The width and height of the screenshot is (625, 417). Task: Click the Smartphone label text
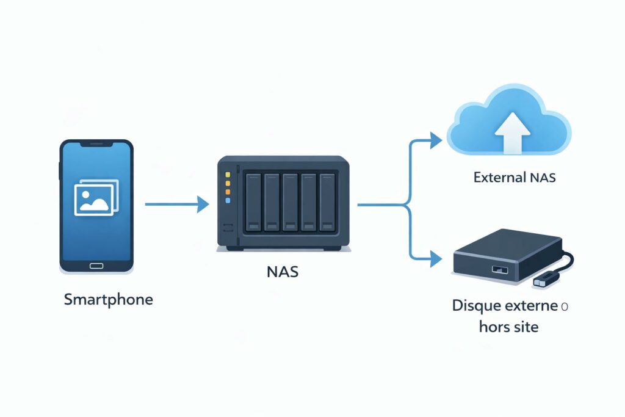[x=108, y=300]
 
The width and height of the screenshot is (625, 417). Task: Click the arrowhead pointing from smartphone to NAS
[x=203, y=205]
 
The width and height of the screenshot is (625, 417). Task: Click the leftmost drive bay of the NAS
[x=253, y=202]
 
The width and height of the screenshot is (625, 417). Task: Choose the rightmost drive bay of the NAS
[x=328, y=202]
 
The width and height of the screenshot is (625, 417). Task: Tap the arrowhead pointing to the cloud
[x=435, y=140]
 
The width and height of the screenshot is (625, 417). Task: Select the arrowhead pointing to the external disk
[x=435, y=259]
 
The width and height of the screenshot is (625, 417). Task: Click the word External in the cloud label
[x=498, y=178]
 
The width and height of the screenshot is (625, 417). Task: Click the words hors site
[x=508, y=327]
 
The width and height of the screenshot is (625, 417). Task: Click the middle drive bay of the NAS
[x=291, y=202]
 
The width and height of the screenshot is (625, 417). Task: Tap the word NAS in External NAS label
[x=541, y=178]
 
